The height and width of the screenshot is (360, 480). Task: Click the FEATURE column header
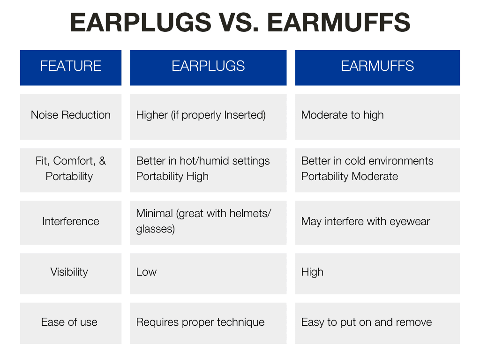click(70, 66)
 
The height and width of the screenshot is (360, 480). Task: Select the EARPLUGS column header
click(208, 66)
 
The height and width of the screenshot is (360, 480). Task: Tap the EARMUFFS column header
click(377, 66)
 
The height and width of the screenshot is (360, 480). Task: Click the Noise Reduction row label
click(70, 115)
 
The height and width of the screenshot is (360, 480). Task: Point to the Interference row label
click(70, 221)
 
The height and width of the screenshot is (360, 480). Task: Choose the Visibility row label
click(69, 272)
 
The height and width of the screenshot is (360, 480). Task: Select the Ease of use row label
click(69, 322)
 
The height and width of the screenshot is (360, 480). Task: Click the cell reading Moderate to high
click(342, 115)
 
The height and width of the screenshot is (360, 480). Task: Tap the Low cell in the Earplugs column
click(146, 272)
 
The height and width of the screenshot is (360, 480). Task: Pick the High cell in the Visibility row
click(312, 272)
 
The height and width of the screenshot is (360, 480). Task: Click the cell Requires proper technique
click(200, 322)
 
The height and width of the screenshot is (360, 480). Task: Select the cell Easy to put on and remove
click(366, 322)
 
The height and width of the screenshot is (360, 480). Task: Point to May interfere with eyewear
click(365, 221)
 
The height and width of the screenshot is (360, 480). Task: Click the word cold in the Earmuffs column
click(355, 161)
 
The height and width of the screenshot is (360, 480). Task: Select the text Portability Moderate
click(349, 176)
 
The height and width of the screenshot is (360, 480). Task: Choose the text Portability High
click(172, 176)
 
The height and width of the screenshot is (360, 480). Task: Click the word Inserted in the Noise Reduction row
click(245, 115)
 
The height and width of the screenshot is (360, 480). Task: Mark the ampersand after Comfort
click(103, 161)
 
